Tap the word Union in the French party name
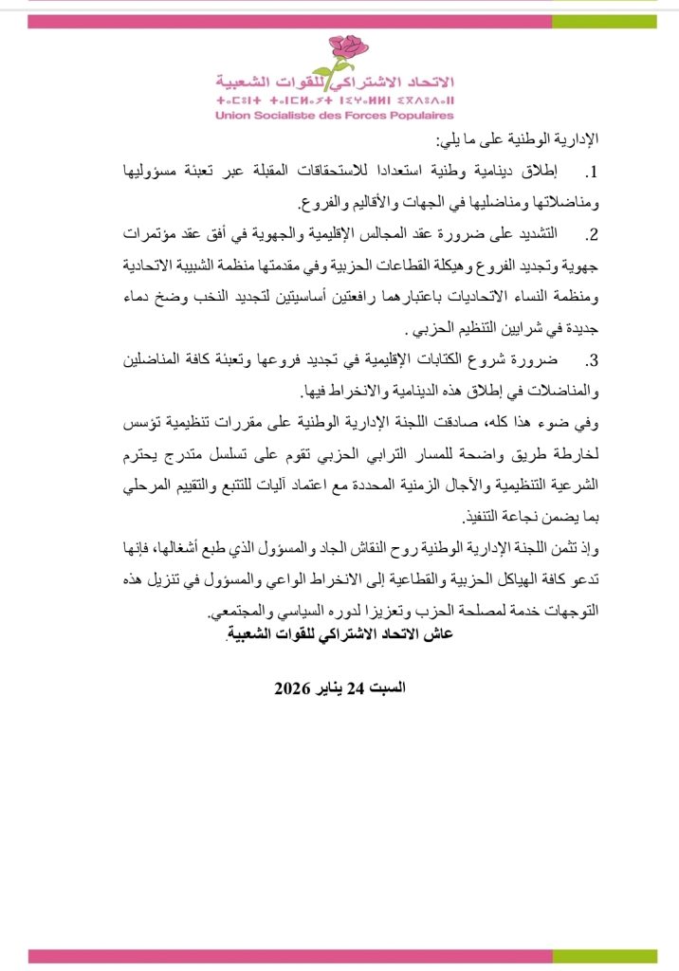(233, 116)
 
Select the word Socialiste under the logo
(286, 116)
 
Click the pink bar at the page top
(339, 21)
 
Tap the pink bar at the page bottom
(339, 957)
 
